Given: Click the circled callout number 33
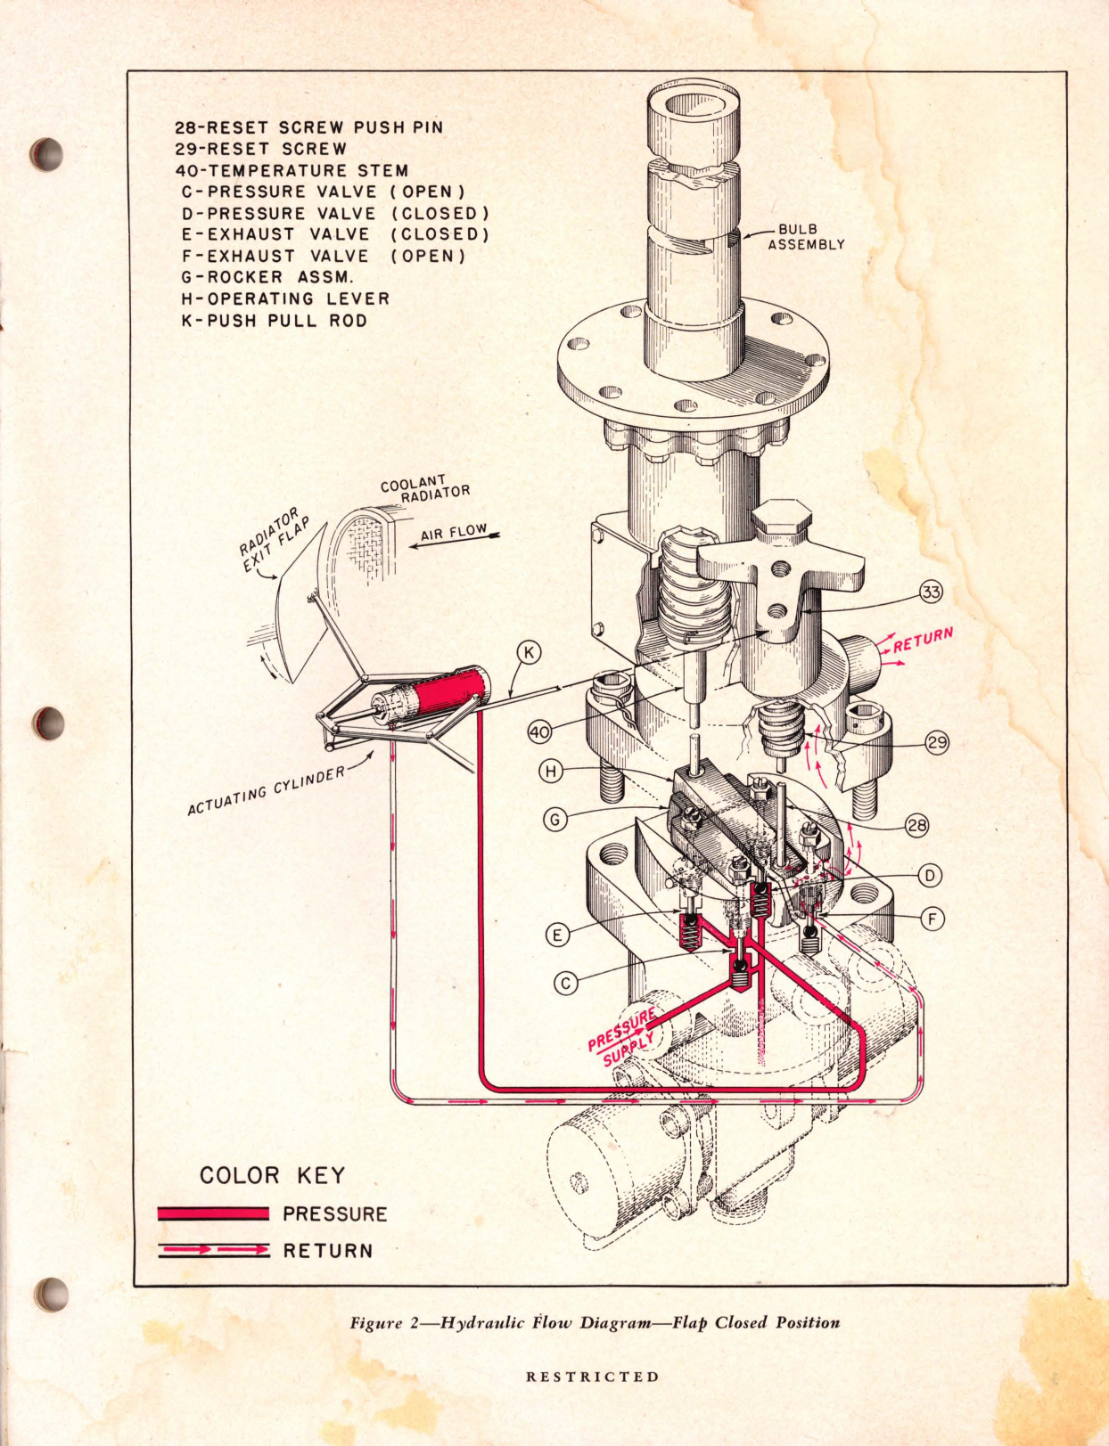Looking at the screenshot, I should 931,592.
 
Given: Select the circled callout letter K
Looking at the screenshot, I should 529,653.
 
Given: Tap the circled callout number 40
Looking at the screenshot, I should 539,732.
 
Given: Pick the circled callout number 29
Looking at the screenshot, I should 937,742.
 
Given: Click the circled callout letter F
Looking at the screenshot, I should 932,919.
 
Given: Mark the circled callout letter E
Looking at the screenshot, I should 557,935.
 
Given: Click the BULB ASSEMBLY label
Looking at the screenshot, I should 805,237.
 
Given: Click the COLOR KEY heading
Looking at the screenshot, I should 272,1175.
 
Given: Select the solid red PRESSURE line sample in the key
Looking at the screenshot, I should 213,1213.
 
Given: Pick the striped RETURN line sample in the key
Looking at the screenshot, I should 213,1250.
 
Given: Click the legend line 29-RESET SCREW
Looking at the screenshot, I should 260,149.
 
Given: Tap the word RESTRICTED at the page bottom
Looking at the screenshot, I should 593,1377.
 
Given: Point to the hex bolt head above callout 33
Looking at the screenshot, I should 782,519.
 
